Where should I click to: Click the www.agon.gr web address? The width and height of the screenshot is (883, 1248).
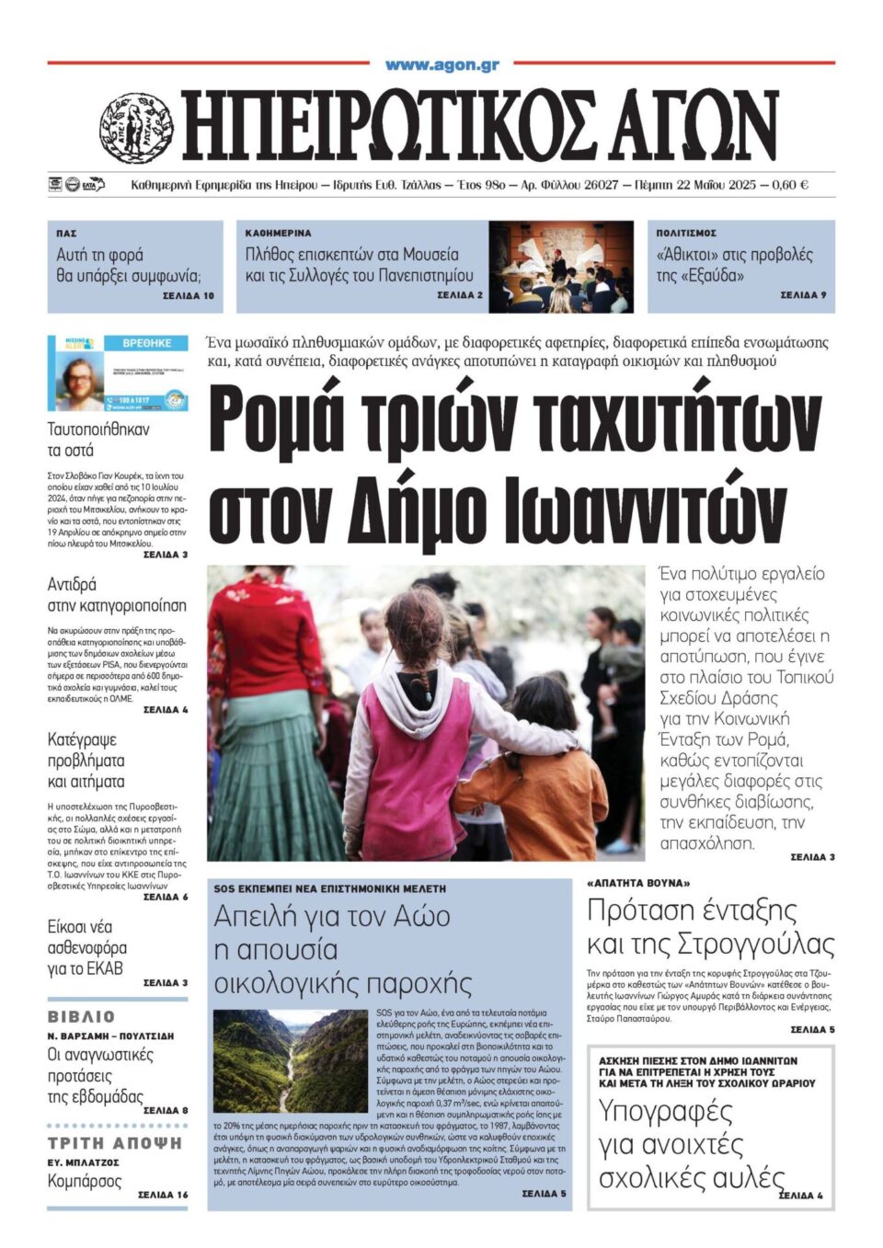coord(441,64)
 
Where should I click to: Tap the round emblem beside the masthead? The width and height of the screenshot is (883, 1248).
coord(136,127)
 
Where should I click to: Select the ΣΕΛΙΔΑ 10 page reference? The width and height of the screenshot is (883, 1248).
coord(188,296)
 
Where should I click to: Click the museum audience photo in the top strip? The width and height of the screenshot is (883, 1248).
coord(560,267)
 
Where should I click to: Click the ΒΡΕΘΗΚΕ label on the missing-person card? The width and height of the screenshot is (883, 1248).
coord(147,343)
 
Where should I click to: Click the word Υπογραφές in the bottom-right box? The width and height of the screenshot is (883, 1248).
coord(665,1112)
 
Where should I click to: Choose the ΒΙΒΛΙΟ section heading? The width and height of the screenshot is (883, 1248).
coord(82,1016)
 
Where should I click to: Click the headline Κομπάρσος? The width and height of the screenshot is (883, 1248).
coord(85,1181)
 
